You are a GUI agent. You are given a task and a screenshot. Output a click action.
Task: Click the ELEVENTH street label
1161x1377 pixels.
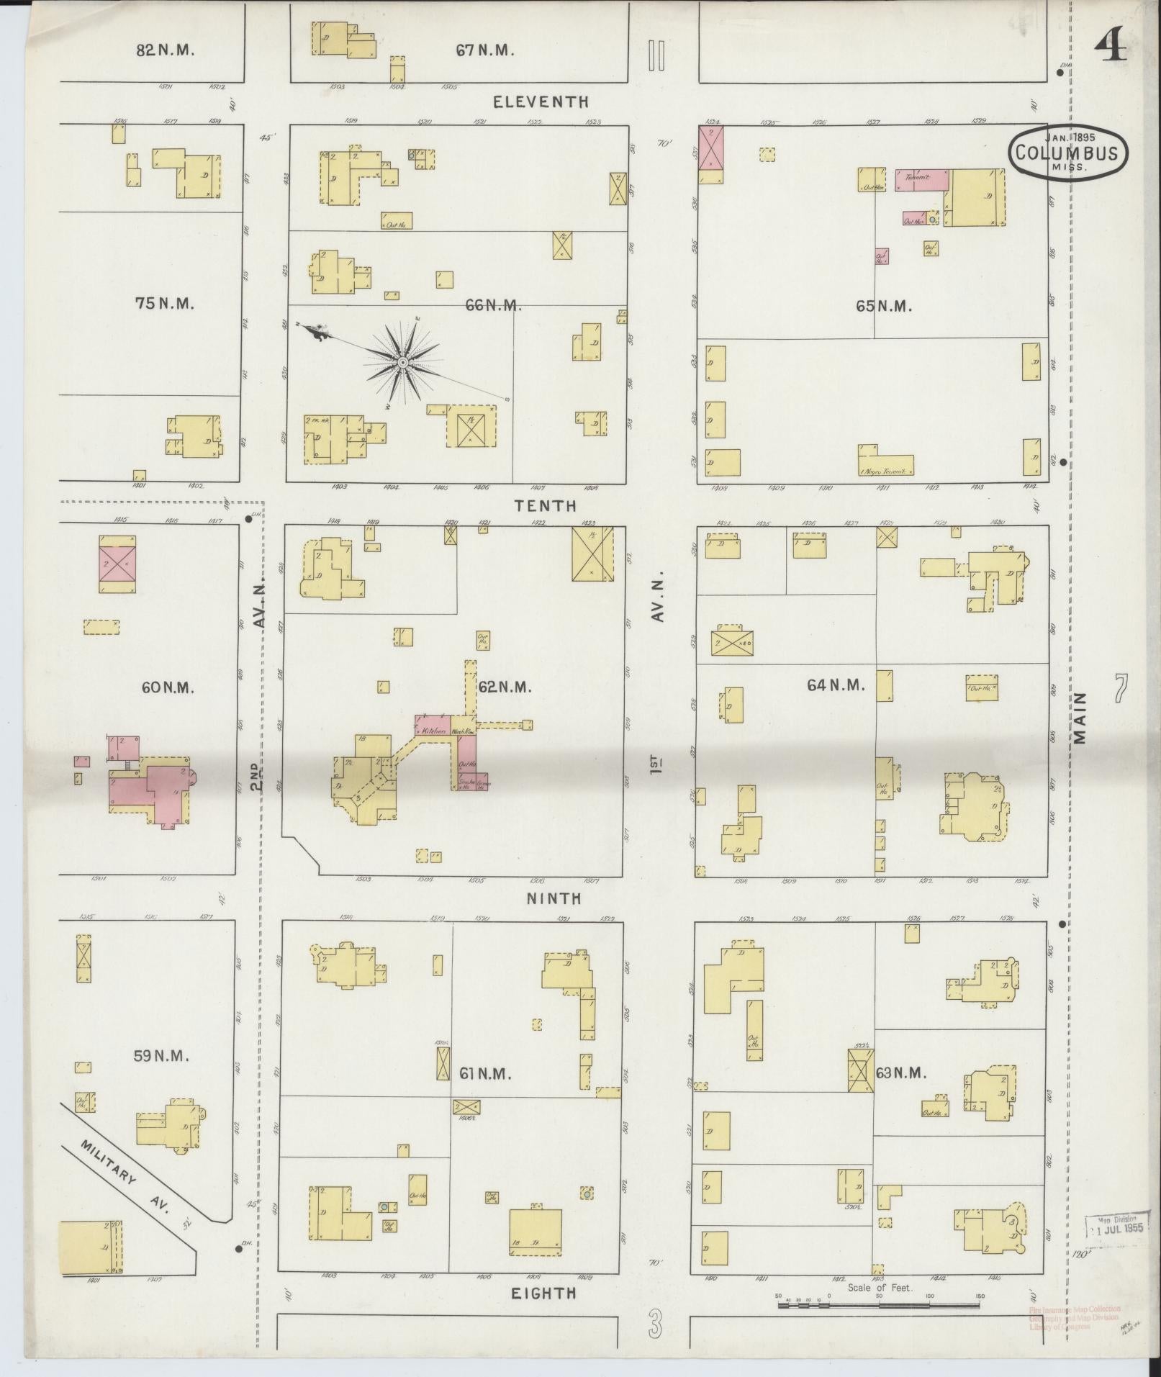[x=541, y=102]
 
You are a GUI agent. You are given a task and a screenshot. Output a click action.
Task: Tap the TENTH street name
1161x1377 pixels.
[x=545, y=506]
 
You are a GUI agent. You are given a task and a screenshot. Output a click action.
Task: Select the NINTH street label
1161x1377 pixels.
[x=554, y=898]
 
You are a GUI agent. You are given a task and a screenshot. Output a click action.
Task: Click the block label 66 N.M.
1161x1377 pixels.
[x=493, y=306]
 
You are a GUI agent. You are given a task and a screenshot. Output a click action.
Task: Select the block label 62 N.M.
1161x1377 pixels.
[x=505, y=687]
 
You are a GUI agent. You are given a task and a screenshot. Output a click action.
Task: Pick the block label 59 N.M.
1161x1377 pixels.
[x=161, y=1056]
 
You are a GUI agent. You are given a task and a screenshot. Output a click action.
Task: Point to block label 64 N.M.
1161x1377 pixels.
[x=835, y=685]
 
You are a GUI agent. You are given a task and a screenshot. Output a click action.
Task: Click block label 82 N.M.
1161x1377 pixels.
[x=166, y=50]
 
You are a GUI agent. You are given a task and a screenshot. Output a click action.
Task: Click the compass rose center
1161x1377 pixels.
[x=403, y=361]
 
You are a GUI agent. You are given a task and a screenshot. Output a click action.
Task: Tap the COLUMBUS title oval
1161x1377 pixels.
[x=1067, y=153]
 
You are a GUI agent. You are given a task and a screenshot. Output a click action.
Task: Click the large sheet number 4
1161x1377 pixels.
[x=1111, y=48]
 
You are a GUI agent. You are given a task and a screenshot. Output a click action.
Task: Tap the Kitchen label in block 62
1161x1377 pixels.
[x=433, y=731]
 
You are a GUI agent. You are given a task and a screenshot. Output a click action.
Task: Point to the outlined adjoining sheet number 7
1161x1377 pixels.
[x=1120, y=689]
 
